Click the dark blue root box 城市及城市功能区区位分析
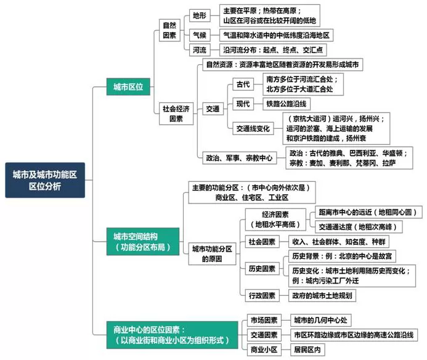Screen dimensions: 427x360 (x=45, y=180)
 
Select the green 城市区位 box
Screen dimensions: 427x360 (x=128, y=87)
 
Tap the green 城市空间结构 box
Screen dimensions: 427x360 (x=143, y=242)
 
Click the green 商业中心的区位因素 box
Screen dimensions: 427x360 (x=172, y=335)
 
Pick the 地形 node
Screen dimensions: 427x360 (x=200, y=15)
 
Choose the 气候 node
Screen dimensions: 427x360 (x=200, y=35)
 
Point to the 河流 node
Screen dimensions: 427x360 (x=200, y=50)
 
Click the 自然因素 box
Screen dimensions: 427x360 (x=169, y=30)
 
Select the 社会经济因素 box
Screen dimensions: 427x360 (x=176, y=113)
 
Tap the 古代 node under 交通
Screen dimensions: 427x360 (x=243, y=84)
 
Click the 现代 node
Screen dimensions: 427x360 (x=243, y=104)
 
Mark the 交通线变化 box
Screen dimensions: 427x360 (x=253, y=128)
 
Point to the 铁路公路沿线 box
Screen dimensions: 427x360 (x=287, y=104)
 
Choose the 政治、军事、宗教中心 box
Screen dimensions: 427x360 (x=240, y=158)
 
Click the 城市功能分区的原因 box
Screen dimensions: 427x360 (x=212, y=254)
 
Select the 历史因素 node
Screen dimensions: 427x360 (x=262, y=269)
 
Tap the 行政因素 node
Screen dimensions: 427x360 (x=262, y=295)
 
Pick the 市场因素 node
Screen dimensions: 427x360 (x=264, y=320)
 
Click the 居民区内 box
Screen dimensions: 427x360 (x=307, y=350)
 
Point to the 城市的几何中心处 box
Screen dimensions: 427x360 (x=321, y=320)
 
